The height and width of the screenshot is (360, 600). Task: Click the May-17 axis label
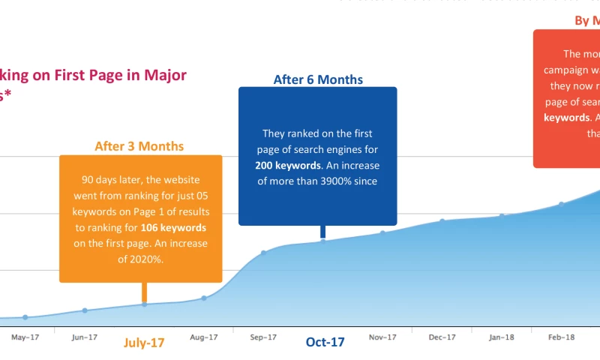coord(25,337)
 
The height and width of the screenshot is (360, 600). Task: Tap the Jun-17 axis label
coord(84,337)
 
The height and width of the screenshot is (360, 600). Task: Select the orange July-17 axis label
coord(143,343)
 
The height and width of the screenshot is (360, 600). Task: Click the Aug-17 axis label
coord(203,337)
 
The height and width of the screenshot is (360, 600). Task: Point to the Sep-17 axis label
coord(263,337)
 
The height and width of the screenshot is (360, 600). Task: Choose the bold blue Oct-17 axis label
coord(325,342)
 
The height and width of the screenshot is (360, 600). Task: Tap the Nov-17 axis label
coord(382,337)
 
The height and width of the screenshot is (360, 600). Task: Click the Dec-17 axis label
coord(442,337)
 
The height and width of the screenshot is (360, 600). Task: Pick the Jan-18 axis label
coord(502,337)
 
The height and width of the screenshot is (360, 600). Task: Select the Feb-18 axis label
coord(561,337)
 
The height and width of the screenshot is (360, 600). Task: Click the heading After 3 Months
coord(139,146)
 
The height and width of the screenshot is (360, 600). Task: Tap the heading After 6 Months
coord(318,79)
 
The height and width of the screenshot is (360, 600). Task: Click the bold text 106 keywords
coord(176,227)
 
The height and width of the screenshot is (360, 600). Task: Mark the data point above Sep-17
coord(263,253)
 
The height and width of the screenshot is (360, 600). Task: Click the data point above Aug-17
coord(204,298)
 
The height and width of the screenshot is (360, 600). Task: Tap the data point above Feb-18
coord(561,204)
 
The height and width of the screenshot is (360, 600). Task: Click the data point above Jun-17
coord(85,310)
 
